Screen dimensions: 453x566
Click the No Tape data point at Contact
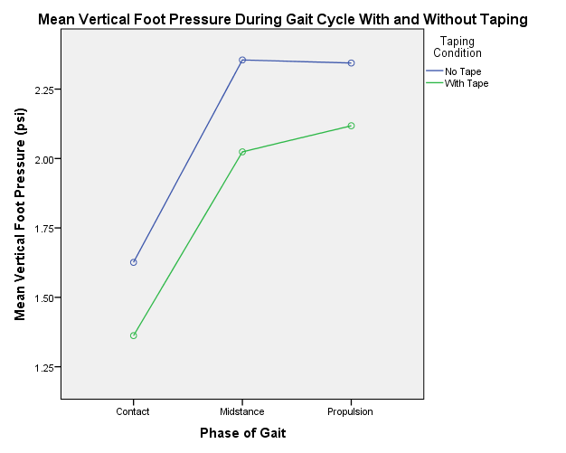[x=134, y=262]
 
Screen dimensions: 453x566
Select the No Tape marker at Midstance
[x=242, y=60]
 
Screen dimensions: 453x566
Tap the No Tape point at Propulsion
[x=351, y=63]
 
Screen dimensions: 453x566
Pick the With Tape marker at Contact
[x=134, y=335]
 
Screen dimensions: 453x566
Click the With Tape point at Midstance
[x=242, y=152]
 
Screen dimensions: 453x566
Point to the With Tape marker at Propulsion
[x=351, y=126]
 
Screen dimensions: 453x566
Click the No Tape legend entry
[x=462, y=71]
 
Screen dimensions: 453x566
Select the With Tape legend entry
[x=466, y=83]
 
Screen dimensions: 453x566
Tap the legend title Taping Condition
[x=457, y=47]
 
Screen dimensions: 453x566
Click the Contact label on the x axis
[x=133, y=411]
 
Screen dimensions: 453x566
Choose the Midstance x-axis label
[x=242, y=411]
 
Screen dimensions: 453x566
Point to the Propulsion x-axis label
[x=351, y=411]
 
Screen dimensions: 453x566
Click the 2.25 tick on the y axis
[x=43, y=90]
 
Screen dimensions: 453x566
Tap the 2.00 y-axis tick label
[x=43, y=159]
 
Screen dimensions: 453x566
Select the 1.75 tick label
[x=43, y=229]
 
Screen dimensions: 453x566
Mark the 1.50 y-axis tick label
[x=43, y=298]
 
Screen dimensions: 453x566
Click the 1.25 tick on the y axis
[x=43, y=368]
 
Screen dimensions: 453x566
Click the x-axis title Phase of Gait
[x=242, y=433]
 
